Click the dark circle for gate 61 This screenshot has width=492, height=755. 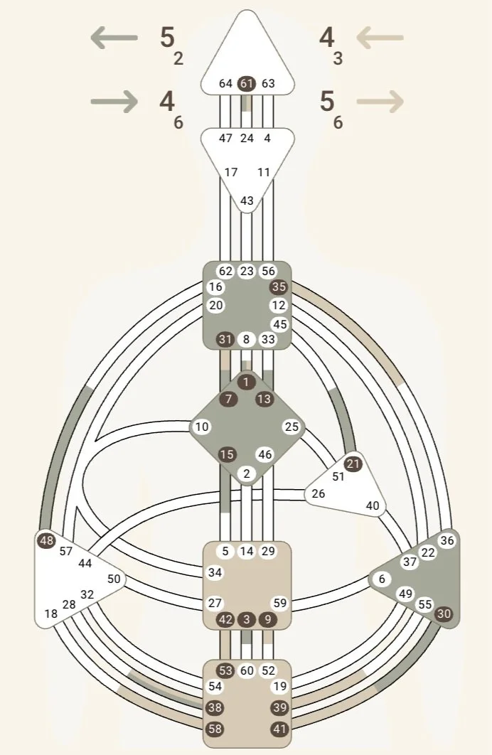(x=247, y=83)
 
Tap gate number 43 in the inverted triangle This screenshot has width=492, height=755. (x=247, y=201)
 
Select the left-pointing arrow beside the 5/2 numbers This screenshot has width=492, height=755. (x=114, y=38)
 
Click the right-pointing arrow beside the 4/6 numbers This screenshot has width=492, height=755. (x=114, y=102)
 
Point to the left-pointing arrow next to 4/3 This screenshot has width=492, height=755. (x=380, y=38)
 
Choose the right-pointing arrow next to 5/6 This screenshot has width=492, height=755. (x=380, y=102)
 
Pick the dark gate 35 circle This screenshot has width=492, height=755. (x=279, y=287)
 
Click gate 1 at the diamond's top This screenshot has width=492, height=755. (x=247, y=382)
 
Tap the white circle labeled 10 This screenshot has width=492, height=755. (x=202, y=427)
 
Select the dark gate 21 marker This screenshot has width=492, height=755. (x=353, y=464)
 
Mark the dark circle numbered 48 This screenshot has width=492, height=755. (x=47, y=540)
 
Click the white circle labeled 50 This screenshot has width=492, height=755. (x=114, y=579)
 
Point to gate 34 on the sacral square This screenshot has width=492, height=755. (x=215, y=572)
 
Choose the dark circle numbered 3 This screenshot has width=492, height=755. (x=247, y=619)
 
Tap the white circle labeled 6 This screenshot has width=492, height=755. (x=382, y=579)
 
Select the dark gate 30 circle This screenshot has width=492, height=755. (x=444, y=613)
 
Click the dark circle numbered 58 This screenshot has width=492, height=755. (x=215, y=729)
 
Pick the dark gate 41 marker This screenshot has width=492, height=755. (x=279, y=729)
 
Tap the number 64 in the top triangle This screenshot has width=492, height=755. (x=225, y=83)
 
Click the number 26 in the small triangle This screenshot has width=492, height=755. (x=319, y=493)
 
